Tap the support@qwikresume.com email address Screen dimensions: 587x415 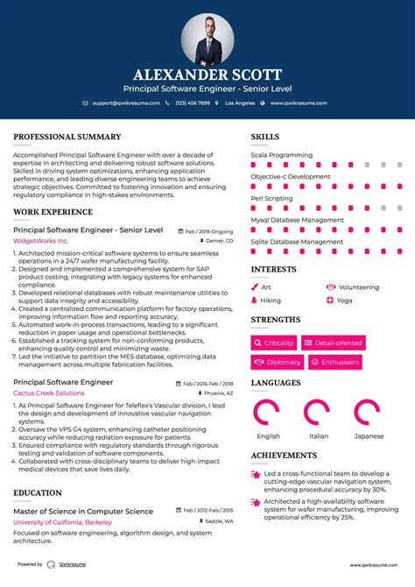tap(126, 103)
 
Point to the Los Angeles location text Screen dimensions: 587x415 tap(240, 103)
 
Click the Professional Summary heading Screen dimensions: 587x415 tap(67, 137)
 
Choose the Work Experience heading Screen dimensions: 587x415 tap(53, 213)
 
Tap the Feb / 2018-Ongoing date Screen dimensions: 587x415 tap(209, 231)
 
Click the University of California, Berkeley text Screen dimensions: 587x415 tap(64, 522)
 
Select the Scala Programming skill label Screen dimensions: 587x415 tap(281, 154)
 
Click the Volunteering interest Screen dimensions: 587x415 tap(358, 286)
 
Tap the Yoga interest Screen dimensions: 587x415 tap(344, 301)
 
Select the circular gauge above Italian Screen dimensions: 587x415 tap(319, 413)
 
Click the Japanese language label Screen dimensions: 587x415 tap(369, 435)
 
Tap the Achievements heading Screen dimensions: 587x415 tap(285, 456)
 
